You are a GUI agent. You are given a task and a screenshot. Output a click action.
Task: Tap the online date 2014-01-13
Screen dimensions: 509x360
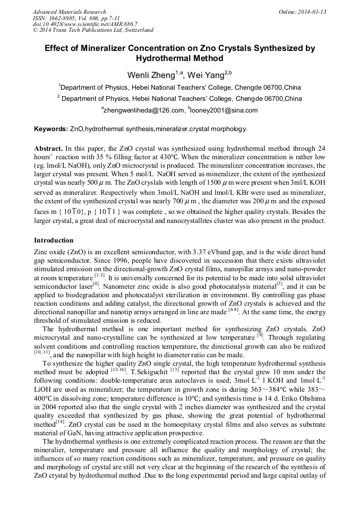[x=311, y=11]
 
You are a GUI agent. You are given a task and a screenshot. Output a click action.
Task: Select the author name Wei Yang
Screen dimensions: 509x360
[x=208, y=75]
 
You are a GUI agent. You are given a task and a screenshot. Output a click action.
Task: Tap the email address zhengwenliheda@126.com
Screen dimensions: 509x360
[x=141, y=110]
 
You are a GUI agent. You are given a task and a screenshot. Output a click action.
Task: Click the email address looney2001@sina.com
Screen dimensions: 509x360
[x=216, y=110]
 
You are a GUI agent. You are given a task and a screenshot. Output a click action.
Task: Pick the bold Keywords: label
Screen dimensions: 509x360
[x=51, y=129]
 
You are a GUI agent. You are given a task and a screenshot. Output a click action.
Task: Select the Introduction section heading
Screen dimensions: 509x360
[x=54, y=240]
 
